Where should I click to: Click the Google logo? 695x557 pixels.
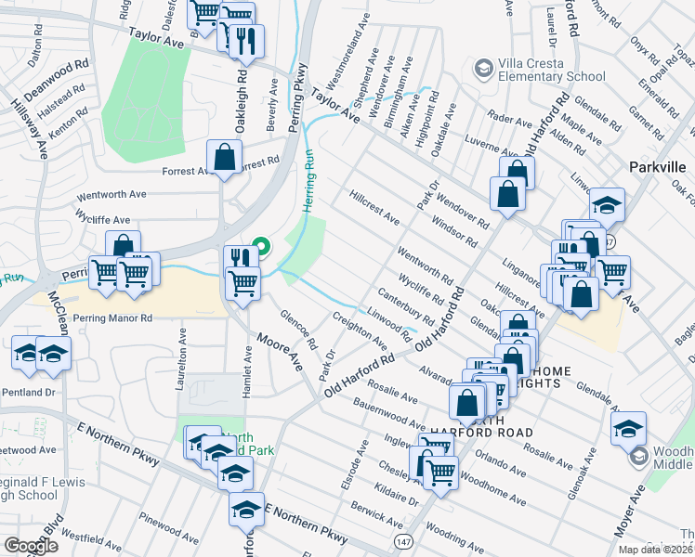coord(30,546)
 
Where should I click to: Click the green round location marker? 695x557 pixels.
coord(261,247)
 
